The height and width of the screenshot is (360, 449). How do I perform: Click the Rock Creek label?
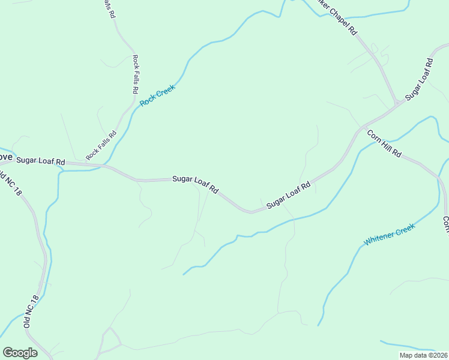pyautogui.click(x=157, y=96)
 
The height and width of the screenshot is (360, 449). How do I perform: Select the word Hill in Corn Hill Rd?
pyautogui.click(x=384, y=144)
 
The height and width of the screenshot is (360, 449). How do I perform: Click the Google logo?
pyautogui.click(x=20, y=353)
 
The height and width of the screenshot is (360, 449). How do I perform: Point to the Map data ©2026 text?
pyautogui.click(x=423, y=355)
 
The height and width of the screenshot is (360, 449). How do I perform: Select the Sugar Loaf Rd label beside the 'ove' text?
pyautogui.click(x=40, y=160)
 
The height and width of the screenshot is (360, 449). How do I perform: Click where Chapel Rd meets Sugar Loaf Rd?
pyautogui.click(x=396, y=104)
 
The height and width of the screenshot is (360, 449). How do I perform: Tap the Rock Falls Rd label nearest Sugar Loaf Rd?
pyautogui.click(x=100, y=146)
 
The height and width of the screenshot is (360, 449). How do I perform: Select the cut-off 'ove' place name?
pyautogui.click(x=5, y=157)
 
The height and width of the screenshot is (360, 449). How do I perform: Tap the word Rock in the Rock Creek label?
pyautogui.click(x=148, y=101)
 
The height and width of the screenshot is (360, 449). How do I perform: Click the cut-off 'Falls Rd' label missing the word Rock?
pyautogui.click(x=108, y=8)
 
